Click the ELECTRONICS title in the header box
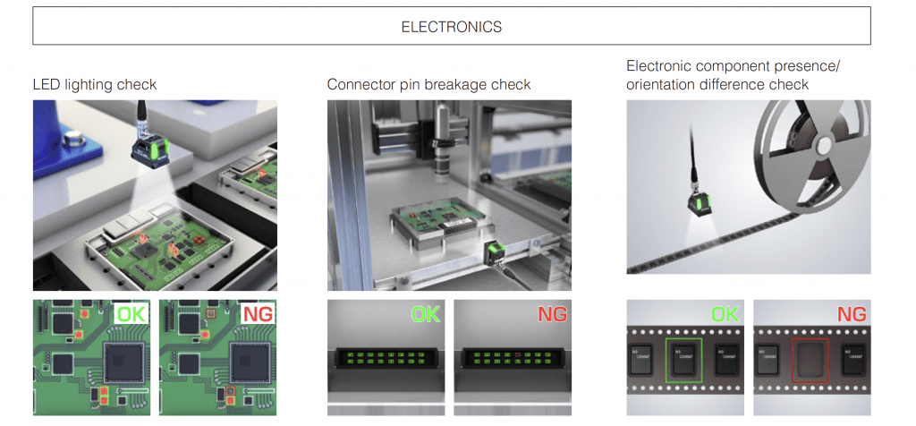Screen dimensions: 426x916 452,26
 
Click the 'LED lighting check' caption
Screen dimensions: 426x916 94,85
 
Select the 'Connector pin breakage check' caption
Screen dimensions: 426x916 428,85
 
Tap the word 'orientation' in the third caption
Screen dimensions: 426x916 663,85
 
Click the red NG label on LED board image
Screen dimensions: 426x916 259,315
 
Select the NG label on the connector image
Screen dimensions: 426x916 552,315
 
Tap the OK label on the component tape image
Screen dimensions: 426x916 725,315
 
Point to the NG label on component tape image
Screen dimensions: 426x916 851,315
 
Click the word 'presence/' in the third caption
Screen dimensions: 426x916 807,67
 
